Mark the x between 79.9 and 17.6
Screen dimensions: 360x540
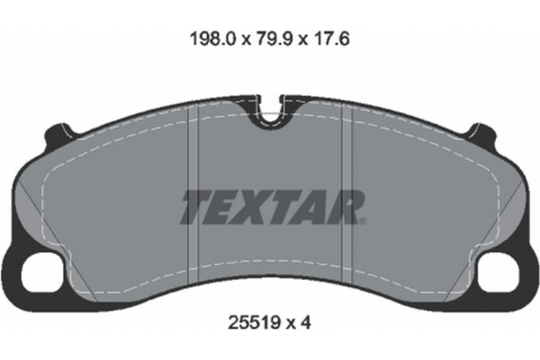pos(293,40)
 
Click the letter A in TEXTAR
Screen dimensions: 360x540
pos(310,206)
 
